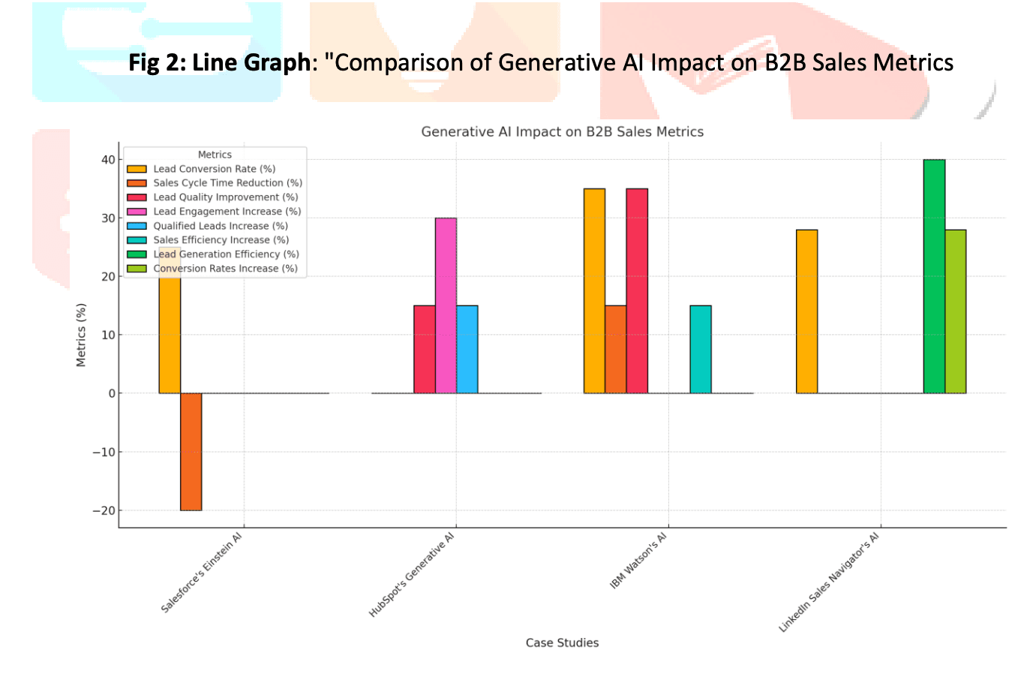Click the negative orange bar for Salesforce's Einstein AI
point(191,451)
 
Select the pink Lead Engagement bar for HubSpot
point(446,305)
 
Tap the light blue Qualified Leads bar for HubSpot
point(467,349)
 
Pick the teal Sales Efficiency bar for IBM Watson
point(700,349)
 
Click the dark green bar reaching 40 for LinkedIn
point(934,276)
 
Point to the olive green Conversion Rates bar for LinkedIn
point(955,311)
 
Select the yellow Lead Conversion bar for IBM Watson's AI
point(594,290)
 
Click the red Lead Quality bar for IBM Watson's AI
point(637,290)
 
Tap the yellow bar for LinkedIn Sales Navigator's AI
point(806,311)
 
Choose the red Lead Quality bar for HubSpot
point(425,349)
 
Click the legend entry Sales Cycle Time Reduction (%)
point(227,183)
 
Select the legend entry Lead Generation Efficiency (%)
point(226,254)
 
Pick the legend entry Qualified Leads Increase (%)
point(221,226)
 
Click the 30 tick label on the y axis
point(109,218)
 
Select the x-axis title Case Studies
point(562,642)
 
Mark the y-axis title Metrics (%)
point(81,335)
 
